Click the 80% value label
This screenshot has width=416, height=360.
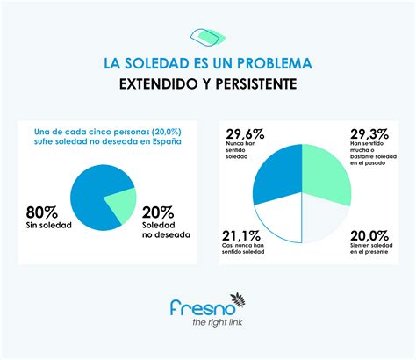[45, 212]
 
